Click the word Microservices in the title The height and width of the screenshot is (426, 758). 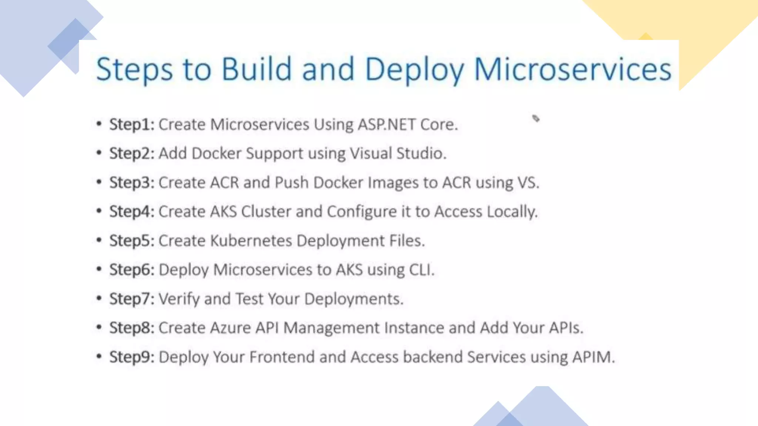[x=573, y=69]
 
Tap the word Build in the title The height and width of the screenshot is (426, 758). [x=256, y=69]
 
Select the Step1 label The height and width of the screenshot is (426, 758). [x=131, y=125]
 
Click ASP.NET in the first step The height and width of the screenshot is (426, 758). [x=386, y=125]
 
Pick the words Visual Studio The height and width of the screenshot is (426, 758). [x=398, y=153]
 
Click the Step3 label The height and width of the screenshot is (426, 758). [x=131, y=183]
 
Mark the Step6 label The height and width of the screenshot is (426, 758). [x=131, y=270]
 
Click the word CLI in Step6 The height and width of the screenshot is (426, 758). [x=421, y=270]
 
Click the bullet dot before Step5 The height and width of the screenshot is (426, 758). [x=99, y=240]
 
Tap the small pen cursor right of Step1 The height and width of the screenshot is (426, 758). [x=536, y=118]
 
